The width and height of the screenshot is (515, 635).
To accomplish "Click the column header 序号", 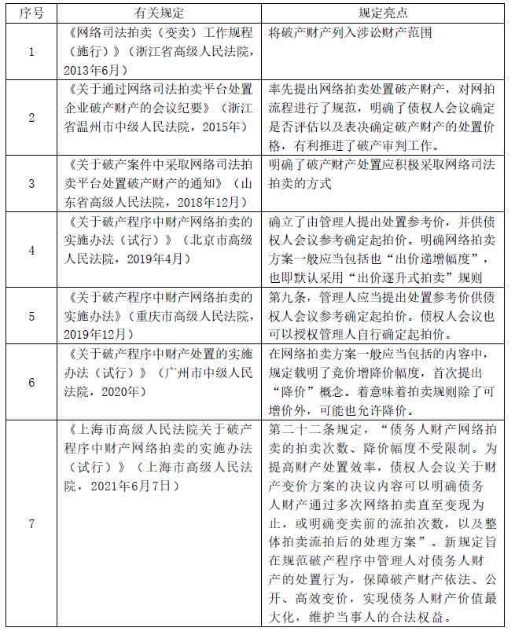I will coord(31,13).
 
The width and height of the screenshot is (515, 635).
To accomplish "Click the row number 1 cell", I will coord(31,52).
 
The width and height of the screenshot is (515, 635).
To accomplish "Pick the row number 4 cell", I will coord(31,249).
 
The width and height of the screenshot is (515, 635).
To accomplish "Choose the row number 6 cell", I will coord(31,381).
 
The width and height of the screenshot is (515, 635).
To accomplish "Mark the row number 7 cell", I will coord(31,523).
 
